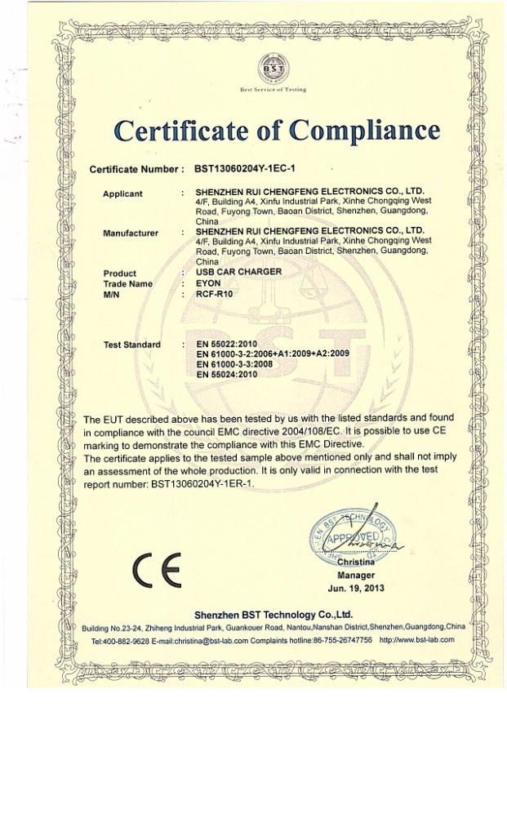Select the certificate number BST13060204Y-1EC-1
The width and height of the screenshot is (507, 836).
tap(245, 169)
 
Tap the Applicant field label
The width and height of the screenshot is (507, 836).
tap(123, 193)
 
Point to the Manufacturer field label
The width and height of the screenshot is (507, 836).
tap(131, 233)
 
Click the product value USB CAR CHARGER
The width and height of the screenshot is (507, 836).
tap(239, 271)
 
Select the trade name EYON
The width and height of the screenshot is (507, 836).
tap(209, 282)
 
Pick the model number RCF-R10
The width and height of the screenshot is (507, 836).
tap(215, 294)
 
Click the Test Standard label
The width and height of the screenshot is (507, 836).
tap(132, 345)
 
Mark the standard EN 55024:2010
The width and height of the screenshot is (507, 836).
tap(227, 374)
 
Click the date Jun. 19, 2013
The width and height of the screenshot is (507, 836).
tap(356, 587)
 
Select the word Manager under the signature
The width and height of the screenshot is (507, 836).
tap(356, 575)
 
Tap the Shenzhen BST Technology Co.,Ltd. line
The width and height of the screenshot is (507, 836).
tap(273, 614)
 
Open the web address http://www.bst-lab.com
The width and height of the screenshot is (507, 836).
tap(417, 639)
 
